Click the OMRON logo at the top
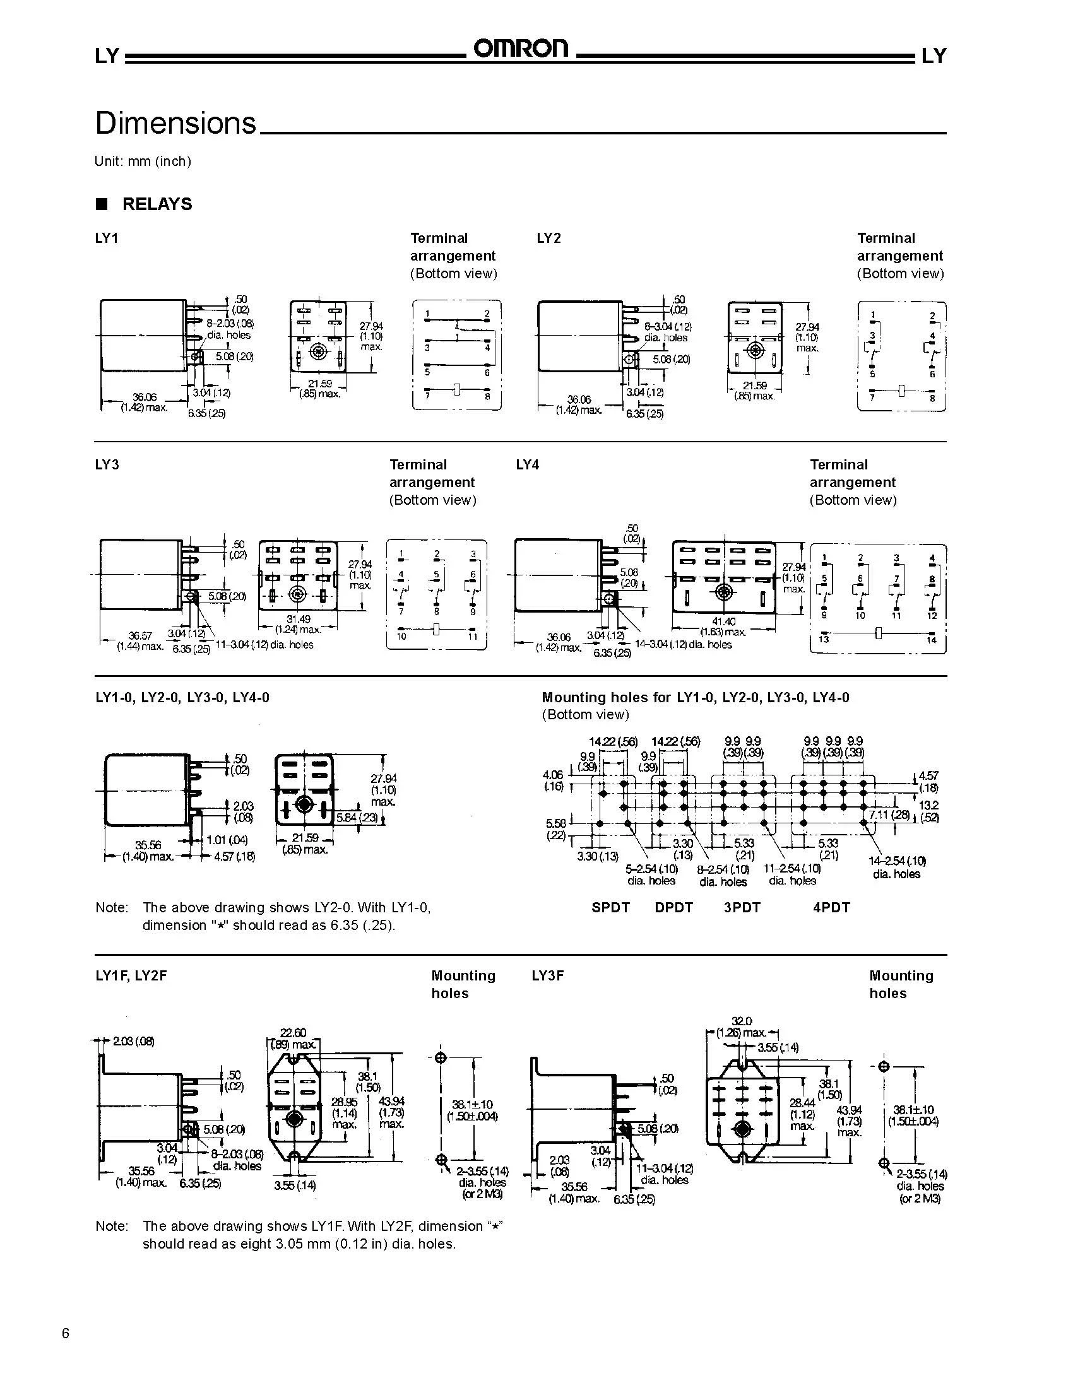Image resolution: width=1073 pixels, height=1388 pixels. tap(521, 49)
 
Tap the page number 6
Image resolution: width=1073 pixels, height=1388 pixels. tap(66, 1333)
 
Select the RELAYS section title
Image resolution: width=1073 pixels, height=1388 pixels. tap(157, 204)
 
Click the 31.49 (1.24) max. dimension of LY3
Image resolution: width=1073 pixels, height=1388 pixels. tap(298, 624)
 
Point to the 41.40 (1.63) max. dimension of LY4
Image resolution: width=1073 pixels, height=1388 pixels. tap(723, 626)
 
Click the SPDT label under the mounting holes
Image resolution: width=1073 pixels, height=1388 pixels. tap(610, 907)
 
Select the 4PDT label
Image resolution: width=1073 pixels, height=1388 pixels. tap(831, 907)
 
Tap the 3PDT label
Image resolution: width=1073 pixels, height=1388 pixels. tap(742, 907)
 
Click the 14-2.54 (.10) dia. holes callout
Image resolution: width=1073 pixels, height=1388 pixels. tap(896, 867)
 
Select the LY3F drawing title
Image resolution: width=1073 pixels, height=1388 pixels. tap(547, 975)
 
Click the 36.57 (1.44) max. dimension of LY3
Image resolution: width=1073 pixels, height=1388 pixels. tap(140, 640)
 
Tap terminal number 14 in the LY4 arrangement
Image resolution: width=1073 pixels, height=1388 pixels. tap(931, 640)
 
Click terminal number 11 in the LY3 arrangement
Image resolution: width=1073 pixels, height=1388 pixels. tap(473, 636)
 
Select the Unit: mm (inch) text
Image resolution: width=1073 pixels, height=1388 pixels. tap(143, 162)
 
